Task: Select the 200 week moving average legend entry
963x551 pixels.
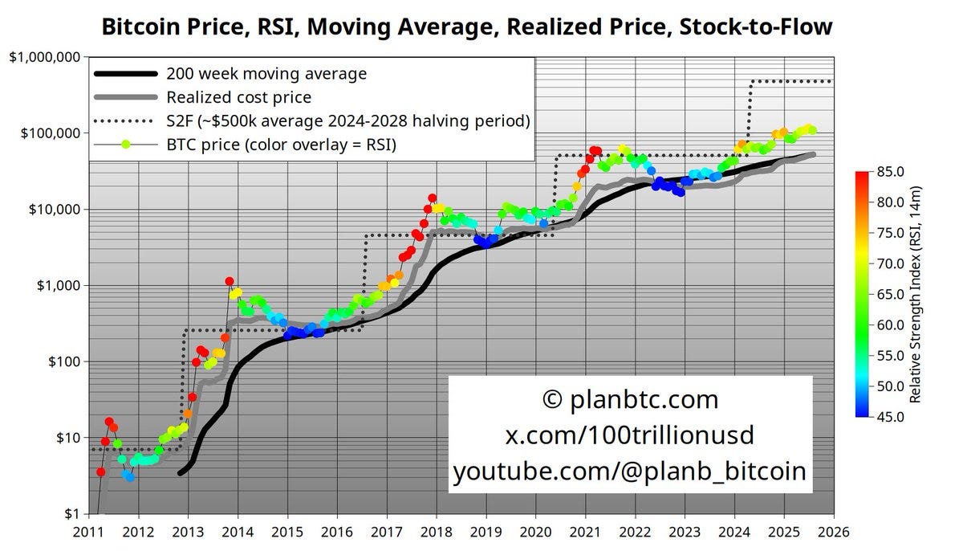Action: click(266, 74)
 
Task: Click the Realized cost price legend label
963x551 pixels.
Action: click(238, 97)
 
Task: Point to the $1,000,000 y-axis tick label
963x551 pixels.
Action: click(44, 57)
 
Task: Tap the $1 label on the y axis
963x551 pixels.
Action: click(71, 514)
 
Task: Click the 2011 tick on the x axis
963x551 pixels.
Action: click(88, 532)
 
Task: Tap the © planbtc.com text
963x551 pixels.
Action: click(629, 399)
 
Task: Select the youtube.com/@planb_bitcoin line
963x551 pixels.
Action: click(629, 471)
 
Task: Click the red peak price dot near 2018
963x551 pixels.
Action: click(432, 198)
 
